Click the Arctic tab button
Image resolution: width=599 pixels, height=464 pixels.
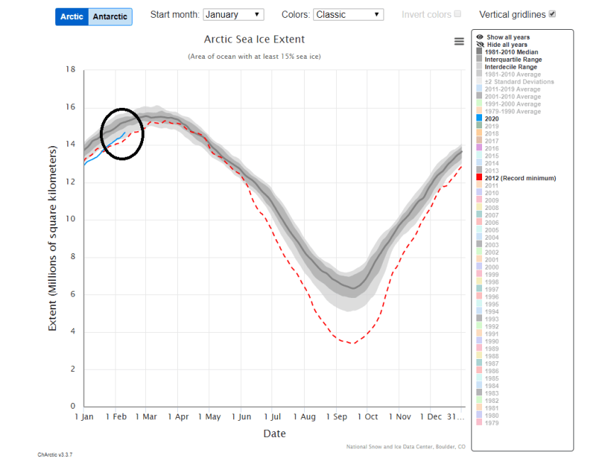[72, 16]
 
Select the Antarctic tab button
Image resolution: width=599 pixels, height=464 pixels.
[111, 16]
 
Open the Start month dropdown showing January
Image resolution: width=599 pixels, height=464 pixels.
[233, 14]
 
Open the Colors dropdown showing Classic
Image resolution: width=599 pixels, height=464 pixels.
[348, 14]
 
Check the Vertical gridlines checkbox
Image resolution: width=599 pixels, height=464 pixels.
[552, 14]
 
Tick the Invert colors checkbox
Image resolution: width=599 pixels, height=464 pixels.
[457, 14]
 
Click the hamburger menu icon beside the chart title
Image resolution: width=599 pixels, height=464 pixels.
[459, 42]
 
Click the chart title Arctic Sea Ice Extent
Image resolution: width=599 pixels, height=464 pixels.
[254, 40]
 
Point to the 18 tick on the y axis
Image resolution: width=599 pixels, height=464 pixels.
[70, 70]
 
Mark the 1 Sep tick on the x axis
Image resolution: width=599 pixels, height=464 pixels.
[336, 417]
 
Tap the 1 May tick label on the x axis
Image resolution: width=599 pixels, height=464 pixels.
[210, 417]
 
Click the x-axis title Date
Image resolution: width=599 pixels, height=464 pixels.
[274, 433]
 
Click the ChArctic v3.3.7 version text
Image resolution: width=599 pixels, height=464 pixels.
[55, 454]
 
